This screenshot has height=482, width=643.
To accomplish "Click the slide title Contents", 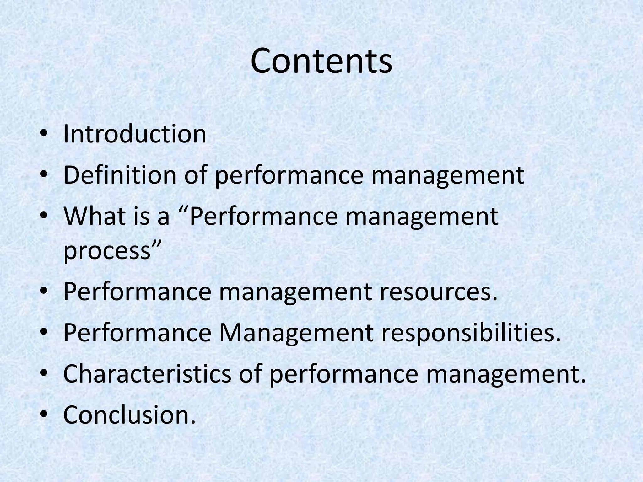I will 321,61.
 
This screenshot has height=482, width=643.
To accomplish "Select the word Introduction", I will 135,134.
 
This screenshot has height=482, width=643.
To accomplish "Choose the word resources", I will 439,292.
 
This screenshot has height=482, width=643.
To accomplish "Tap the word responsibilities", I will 471,332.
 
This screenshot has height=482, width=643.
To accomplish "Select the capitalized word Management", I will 297,332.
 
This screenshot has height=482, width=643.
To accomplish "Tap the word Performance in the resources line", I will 138,292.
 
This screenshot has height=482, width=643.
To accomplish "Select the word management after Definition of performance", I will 448,176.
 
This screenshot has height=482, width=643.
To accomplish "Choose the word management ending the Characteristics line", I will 506,375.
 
